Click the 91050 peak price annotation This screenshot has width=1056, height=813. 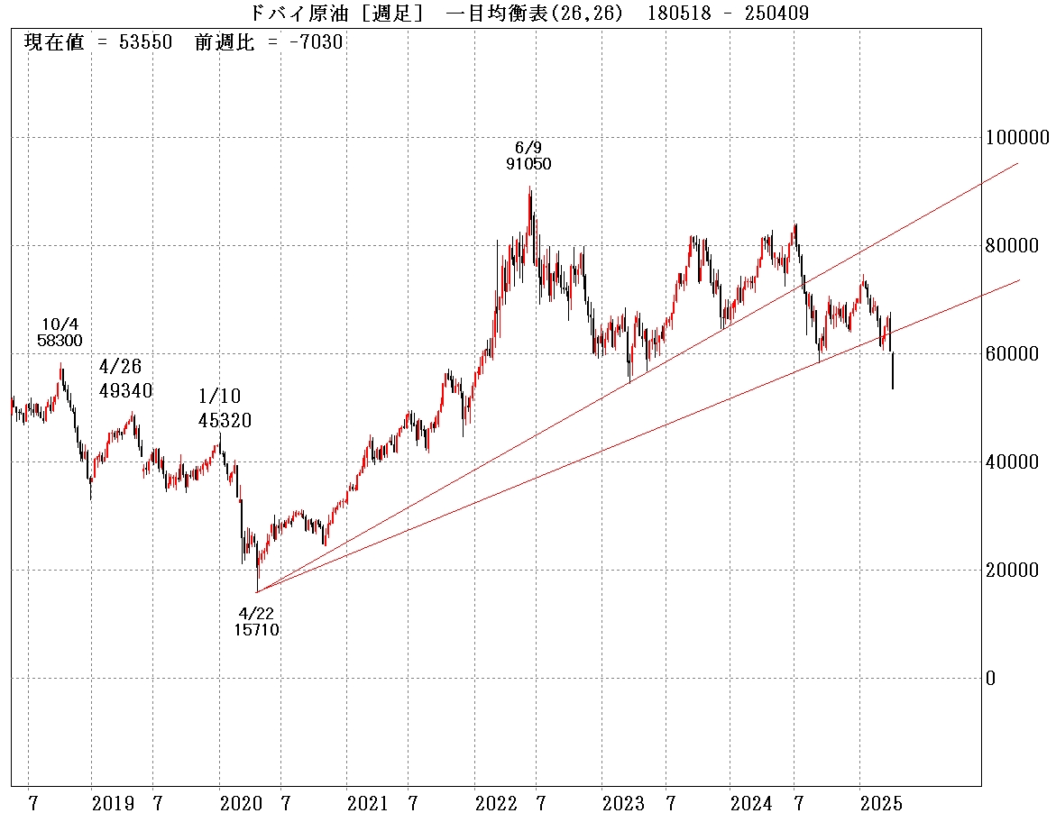pos(528,164)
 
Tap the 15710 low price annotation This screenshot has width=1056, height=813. pos(256,630)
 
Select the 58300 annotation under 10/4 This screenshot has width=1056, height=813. pos(60,341)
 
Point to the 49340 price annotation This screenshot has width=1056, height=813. pos(126,391)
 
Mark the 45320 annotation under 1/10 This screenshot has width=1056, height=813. pos(225,420)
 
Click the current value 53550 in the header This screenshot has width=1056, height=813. pos(145,42)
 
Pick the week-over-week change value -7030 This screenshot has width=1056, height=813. pos(311,42)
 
